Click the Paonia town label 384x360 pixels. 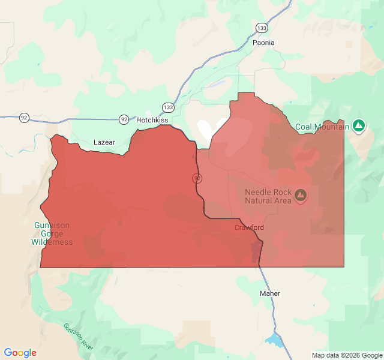point(264,43)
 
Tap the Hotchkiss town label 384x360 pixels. point(152,120)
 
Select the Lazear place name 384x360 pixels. point(104,142)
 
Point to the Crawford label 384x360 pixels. point(249,227)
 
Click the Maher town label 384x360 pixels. point(269,293)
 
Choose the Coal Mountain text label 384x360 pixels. point(322,127)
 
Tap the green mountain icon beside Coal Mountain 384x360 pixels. point(359,125)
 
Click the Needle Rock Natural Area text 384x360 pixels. point(268,196)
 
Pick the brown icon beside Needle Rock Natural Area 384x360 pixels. point(300,195)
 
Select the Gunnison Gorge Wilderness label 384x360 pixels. point(52,234)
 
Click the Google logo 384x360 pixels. point(20,353)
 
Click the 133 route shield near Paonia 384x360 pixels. point(261,28)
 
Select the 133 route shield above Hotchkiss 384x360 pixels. point(169,107)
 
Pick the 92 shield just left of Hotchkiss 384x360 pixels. point(124,119)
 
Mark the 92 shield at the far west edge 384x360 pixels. point(24,117)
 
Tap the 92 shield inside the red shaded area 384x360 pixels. point(197,178)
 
